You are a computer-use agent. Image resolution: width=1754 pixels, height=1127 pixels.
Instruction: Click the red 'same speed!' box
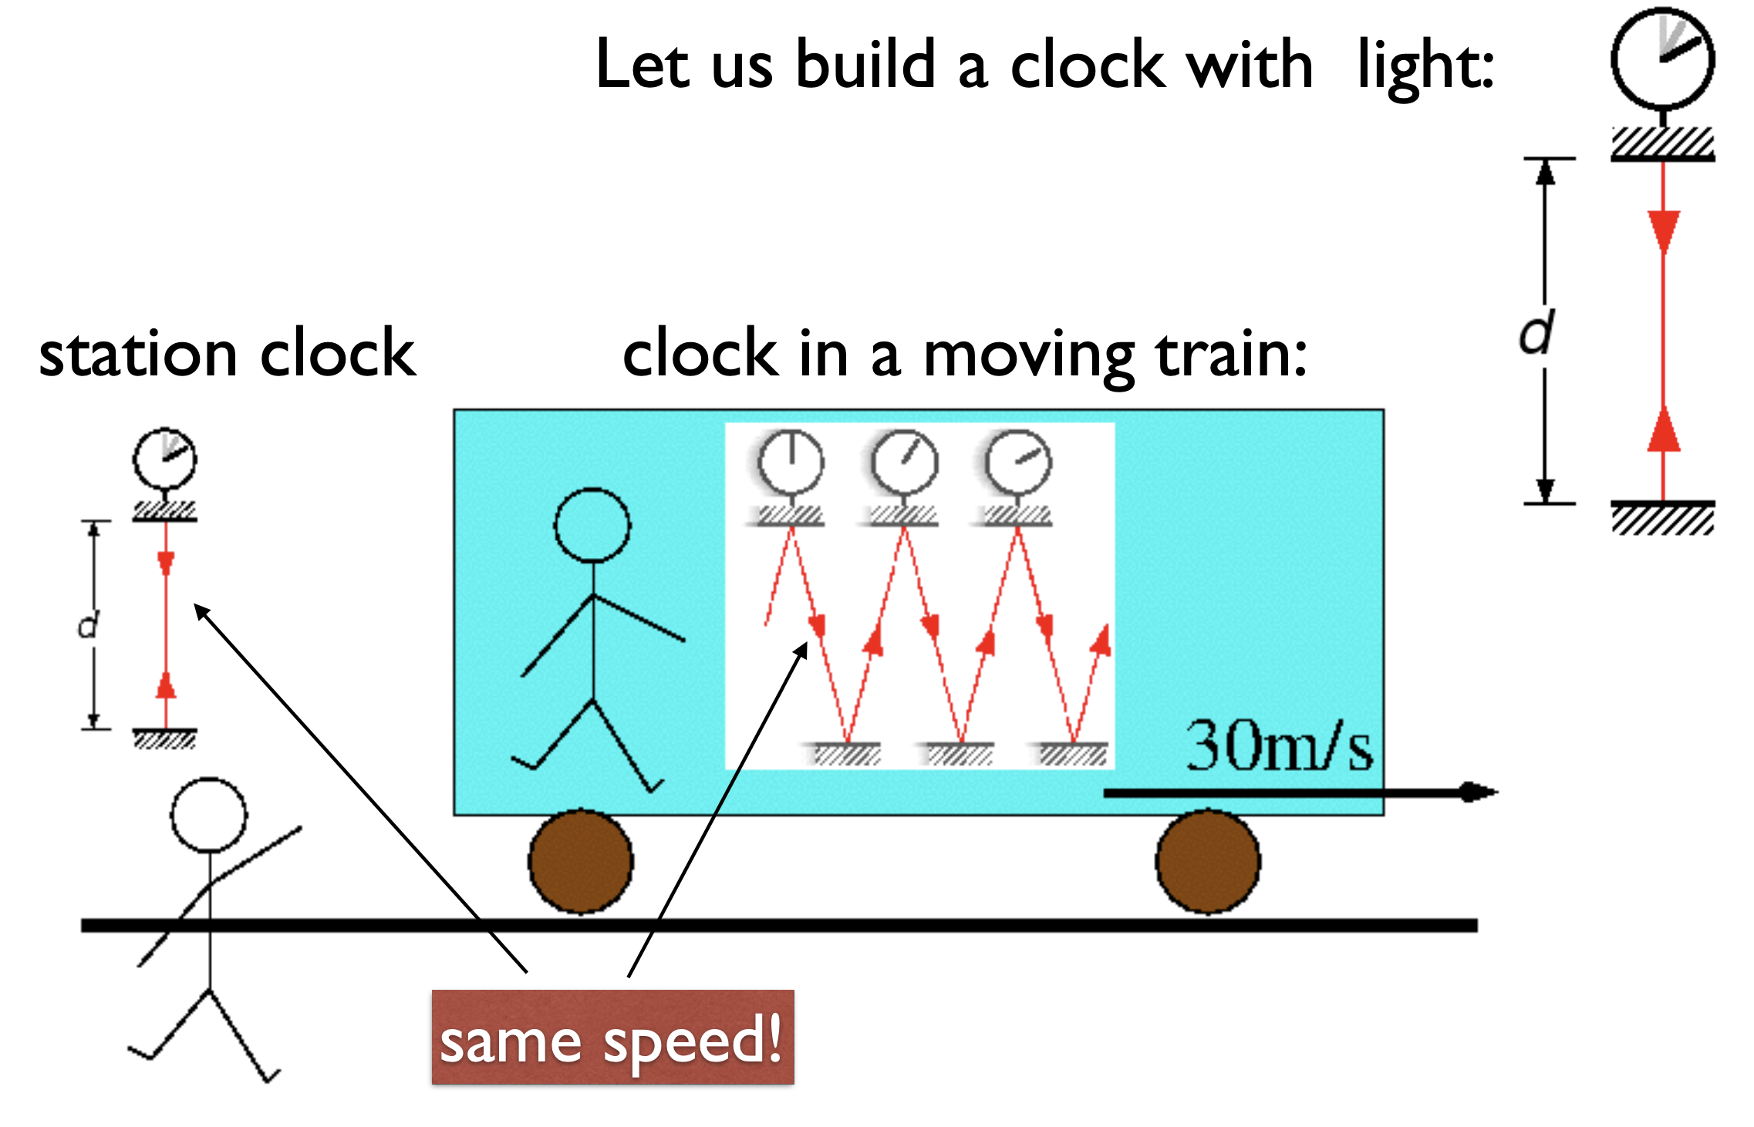tap(612, 1038)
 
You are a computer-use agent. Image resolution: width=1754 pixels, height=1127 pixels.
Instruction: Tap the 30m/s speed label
tap(1279, 746)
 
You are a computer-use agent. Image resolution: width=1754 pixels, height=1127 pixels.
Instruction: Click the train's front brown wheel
tap(1208, 861)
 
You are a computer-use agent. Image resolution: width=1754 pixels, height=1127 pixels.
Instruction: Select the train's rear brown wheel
tap(581, 861)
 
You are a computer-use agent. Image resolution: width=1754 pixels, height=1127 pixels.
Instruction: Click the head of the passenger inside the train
tap(592, 526)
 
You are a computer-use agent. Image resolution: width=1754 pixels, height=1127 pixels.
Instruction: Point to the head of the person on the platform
tap(209, 815)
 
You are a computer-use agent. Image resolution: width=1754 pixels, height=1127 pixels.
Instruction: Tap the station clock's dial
tap(164, 459)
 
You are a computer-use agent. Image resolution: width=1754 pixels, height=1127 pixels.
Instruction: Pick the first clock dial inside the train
tap(791, 463)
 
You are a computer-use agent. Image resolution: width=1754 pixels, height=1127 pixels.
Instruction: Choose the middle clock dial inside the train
tap(905, 463)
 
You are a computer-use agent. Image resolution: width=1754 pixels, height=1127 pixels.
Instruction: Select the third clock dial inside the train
tap(1018, 463)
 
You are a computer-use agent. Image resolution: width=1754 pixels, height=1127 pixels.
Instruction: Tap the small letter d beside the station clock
tap(89, 624)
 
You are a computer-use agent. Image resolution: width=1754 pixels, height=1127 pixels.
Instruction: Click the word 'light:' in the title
tap(1425, 66)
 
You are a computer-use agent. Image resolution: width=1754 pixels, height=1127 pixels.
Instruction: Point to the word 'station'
tap(138, 355)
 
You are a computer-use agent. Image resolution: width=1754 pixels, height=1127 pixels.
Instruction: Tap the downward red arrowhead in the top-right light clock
tap(1664, 230)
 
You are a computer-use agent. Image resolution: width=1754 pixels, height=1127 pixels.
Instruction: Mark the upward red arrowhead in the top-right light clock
tap(1664, 431)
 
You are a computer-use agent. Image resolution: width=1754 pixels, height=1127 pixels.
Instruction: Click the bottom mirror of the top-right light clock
tap(1663, 516)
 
